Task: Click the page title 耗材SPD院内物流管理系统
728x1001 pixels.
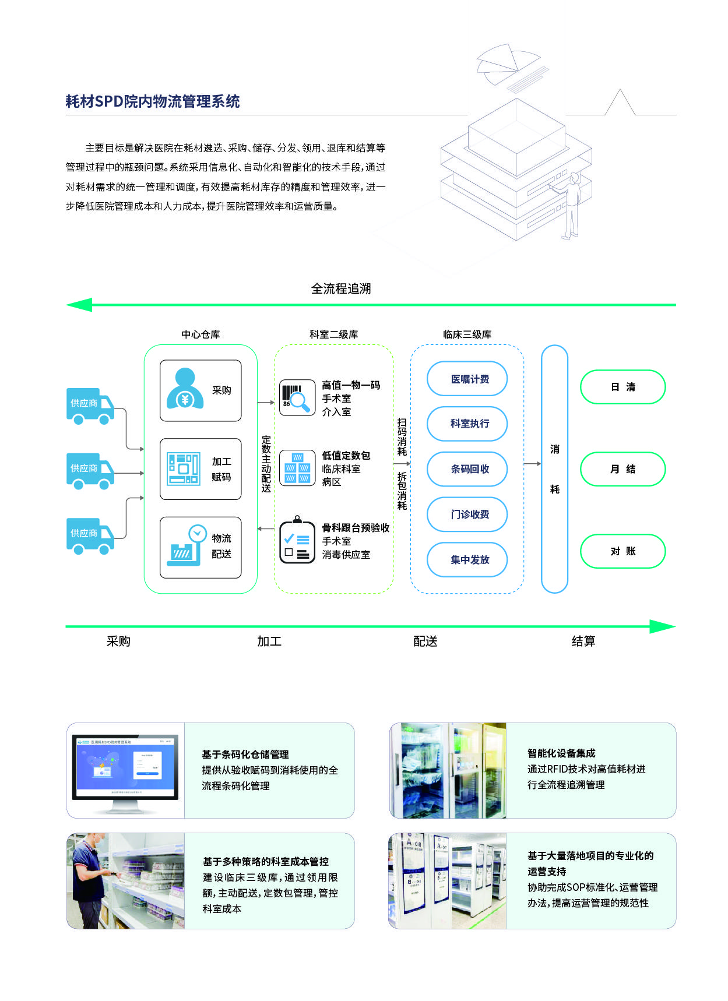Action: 152,101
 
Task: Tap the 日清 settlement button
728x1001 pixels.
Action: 623,387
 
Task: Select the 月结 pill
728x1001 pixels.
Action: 623,469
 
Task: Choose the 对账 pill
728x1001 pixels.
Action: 623,551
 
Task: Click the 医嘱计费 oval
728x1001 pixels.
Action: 470,379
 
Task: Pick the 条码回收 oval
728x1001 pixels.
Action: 470,469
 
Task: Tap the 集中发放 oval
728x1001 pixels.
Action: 470,560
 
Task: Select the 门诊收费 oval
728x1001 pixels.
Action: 470,514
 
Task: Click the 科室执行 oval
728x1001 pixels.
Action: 470,424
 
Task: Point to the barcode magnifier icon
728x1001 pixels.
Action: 297,398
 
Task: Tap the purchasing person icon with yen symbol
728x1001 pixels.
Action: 185,389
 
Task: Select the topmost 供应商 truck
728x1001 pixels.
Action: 90,406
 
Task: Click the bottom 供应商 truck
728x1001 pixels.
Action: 90,535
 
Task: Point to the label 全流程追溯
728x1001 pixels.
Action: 341,288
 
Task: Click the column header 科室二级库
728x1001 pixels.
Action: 333,334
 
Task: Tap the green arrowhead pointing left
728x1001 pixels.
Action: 80,305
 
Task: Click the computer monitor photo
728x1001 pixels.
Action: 125,770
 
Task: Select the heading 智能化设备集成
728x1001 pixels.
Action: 561,753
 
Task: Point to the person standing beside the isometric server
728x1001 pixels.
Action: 571,206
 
